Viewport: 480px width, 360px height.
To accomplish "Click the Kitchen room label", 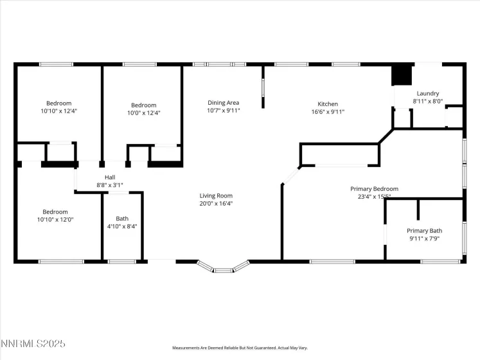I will coord(328,104).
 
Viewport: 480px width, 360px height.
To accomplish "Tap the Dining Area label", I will coord(223,103).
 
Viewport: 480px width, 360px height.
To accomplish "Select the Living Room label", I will coord(215,195).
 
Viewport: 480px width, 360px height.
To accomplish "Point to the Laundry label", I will coord(427,93).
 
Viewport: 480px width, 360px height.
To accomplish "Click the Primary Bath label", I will coord(424,231).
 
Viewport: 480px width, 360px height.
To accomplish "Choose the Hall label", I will coord(110,177).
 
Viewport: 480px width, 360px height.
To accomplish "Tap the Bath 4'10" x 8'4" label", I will coord(121,219).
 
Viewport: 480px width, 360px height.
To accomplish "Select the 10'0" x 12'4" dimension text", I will coord(144,113).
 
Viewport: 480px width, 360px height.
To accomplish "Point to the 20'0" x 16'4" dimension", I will coord(215,203).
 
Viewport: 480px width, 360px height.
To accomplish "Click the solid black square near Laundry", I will coord(401,75).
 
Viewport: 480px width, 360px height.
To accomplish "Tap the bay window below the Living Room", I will coord(223,267).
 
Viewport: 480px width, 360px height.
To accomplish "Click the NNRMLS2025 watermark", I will coord(33,345).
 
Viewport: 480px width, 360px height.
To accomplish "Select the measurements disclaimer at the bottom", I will coord(240,348).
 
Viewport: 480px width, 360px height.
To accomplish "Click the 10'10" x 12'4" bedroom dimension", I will coord(58,111).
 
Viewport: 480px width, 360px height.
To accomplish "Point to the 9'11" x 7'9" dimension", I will coord(424,239).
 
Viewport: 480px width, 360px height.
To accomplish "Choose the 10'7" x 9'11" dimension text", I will coord(223,111).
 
